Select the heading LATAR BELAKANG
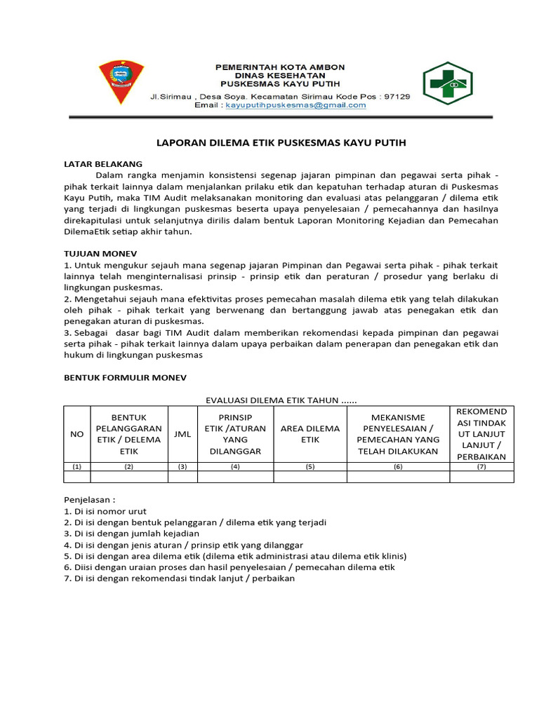pyautogui.click(x=103, y=163)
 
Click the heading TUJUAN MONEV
pyautogui.click(x=100, y=252)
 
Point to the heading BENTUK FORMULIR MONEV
pyautogui.click(x=126, y=377)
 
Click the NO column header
pyautogui.click(x=77, y=434)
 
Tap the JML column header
pyautogui.click(x=182, y=434)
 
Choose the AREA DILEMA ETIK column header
pyautogui.click(x=310, y=434)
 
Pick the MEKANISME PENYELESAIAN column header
pyautogui.click(x=398, y=434)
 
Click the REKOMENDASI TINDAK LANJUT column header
pyautogui.click(x=481, y=434)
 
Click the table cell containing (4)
pyautogui.click(x=235, y=466)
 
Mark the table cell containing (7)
pyautogui.click(x=481, y=466)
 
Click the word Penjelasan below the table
pyautogui.click(x=89, y=501)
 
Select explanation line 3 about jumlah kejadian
pyautogui.click(x=127, y=534)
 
